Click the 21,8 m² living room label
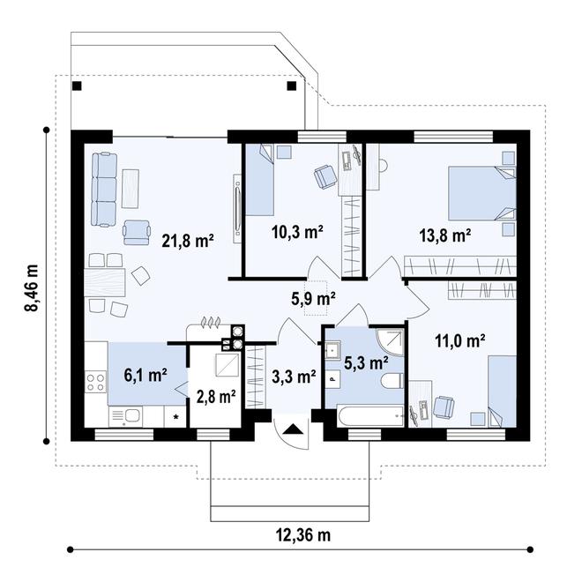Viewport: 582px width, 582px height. pos(188,242)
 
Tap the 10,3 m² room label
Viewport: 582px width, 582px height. pos(297,232)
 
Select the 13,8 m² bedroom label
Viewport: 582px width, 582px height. pos(445,235)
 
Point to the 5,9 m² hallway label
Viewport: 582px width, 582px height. pos(314,299)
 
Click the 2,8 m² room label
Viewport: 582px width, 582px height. pos(216,397)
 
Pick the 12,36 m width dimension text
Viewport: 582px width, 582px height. pos(302,535)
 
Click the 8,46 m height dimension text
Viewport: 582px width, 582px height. pos(31,288)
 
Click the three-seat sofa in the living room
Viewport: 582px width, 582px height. pos(104,190)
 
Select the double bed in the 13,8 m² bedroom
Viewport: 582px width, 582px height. pos(482,193)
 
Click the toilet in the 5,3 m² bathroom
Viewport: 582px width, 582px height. pos(392,381)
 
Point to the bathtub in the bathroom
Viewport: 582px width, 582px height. pos(370,417)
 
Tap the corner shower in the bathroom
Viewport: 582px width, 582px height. pos(390,342)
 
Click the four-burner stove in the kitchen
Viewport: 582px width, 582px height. pos(96,383)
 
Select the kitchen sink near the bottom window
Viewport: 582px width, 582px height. pos(125,417)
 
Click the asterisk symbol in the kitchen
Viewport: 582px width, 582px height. pos(176,417)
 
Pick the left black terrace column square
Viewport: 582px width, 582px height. pos(77,86)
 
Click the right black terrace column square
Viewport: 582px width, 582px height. pos(292,86)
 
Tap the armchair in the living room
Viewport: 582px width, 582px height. pos(137,233)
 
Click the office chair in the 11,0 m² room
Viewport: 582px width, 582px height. pos(444,407)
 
